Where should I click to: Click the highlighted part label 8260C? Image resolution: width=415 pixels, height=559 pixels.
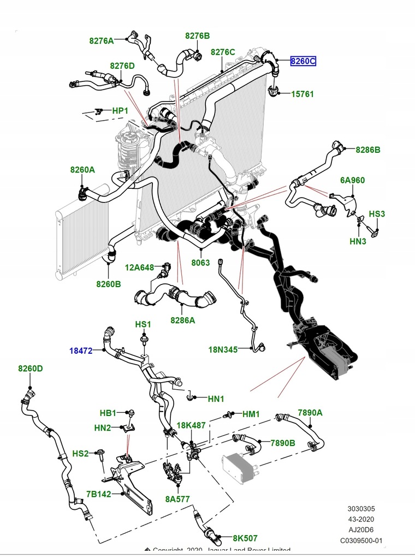[303, 61]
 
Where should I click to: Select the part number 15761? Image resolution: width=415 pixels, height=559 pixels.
[302, 94]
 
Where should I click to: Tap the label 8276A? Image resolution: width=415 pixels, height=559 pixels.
[102, 40]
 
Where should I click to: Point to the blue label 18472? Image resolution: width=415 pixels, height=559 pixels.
[82, 350]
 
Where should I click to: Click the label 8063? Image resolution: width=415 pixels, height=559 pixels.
[200, 263]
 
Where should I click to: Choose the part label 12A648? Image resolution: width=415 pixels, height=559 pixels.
[139, 267]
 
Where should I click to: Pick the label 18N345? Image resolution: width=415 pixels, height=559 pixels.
[223, 349]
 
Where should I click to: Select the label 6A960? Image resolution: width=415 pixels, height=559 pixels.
[352, 180]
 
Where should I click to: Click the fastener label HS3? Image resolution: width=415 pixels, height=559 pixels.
[377, 214]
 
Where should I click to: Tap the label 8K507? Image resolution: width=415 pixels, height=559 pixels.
[245, 538]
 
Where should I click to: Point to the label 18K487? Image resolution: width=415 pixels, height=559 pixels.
[191, 425]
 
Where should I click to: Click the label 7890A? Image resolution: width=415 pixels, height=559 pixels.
[310, 413]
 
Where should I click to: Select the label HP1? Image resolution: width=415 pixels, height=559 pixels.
[120, 111]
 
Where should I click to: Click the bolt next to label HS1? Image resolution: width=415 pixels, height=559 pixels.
[143, 340]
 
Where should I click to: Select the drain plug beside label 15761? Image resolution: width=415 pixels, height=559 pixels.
[274, 92]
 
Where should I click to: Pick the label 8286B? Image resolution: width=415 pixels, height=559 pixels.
[368, 149]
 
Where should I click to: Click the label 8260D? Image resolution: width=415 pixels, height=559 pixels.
[30, 368]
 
